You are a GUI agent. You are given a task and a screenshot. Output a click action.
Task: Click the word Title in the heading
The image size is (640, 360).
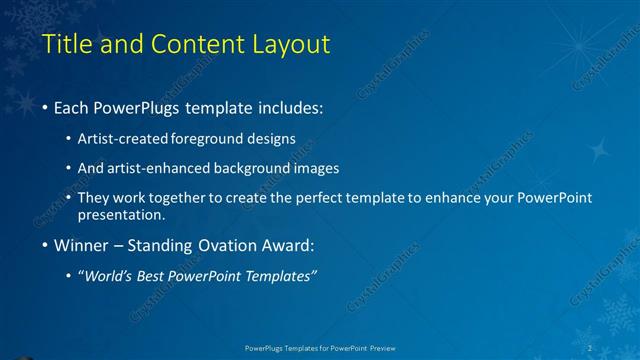tap(65, 44)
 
